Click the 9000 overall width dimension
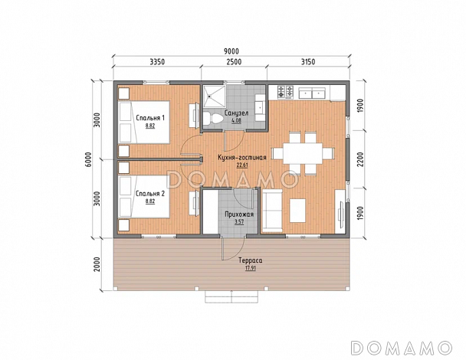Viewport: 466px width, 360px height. (231, 51)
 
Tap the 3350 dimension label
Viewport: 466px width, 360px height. (157, 62)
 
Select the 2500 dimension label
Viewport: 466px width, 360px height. (234, 62)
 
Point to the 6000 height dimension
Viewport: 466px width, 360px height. (97, 160)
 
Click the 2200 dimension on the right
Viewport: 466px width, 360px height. (360, 159)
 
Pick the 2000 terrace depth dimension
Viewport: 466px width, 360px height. (97, 264)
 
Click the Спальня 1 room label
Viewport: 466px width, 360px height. (150, 118)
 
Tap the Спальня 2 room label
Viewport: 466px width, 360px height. (150, 194)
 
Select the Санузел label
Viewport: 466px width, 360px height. (237, 113)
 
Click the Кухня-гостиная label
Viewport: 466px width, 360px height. (242, 158)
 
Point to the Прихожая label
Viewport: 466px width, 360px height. (239, 214)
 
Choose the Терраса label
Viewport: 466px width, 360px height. (251, 260)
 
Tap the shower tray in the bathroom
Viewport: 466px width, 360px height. (214, 96)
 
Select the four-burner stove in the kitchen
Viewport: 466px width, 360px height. (285, 92)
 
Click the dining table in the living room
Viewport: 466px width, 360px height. (303, 153)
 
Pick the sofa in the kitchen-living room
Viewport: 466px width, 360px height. (271, 211)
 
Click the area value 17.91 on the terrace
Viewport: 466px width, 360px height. (251, 268)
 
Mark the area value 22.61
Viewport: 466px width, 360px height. (242, 165)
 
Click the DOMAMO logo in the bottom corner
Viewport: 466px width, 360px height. (401, 348)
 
